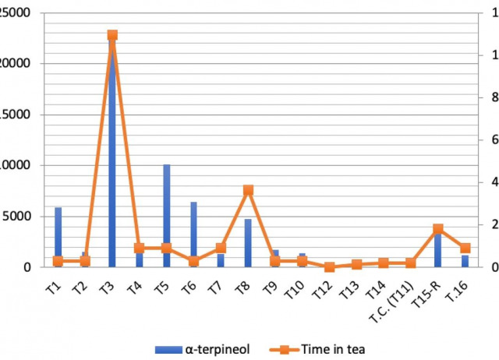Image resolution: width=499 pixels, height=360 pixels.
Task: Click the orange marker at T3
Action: click(112, 36)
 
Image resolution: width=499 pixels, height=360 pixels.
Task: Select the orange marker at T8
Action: click(248, 190)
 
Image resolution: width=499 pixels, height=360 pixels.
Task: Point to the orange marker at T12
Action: click(330, 266)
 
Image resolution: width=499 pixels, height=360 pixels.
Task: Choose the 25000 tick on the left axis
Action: click(18, 13)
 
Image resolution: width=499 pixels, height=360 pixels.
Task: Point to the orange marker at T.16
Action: click(465, 249)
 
